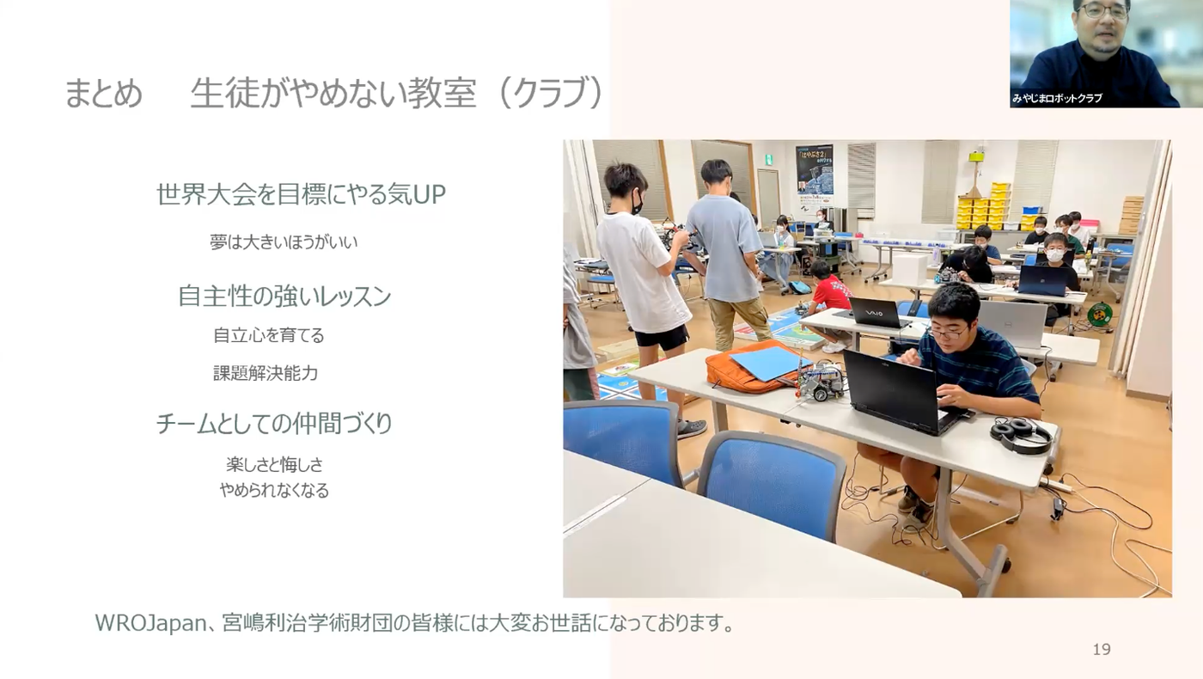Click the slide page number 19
pos(1101,650)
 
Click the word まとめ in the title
pos(103,93)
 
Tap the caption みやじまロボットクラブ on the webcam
pos(1057,98)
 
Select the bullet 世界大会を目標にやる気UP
pos(301,194)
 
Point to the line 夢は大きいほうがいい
pos(284,242)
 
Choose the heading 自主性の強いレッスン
pos(284,296)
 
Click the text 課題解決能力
pos(266,373)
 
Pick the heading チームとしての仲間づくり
pos(274,423)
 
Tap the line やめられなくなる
pos(274,491)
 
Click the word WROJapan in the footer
pos(151,623)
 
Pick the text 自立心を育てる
pos(268,336)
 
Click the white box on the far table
pos(909,268)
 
